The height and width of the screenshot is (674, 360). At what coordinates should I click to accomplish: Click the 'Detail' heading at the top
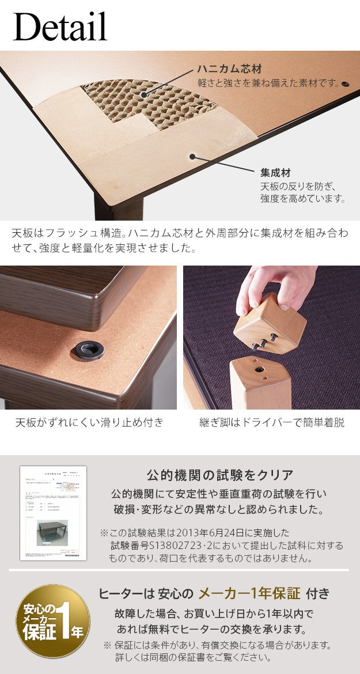click(60, 26)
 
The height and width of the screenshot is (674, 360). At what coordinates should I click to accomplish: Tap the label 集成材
click(275, 172)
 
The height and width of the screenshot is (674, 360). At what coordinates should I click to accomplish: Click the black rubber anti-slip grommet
click(89, 349)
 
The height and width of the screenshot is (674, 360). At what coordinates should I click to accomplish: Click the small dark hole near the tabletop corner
click(345, 84)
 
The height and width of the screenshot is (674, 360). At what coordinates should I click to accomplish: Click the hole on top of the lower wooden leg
click(254, 367)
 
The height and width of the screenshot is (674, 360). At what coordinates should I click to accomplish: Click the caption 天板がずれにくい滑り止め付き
click(89, 422)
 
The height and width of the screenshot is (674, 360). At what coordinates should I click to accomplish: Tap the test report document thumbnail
click(53, 513)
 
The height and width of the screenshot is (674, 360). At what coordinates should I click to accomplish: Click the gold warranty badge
click(52, 621)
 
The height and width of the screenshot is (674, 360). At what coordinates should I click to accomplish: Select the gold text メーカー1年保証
click(249, 593)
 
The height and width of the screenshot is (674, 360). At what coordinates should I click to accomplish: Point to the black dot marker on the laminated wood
click(193, 156)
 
